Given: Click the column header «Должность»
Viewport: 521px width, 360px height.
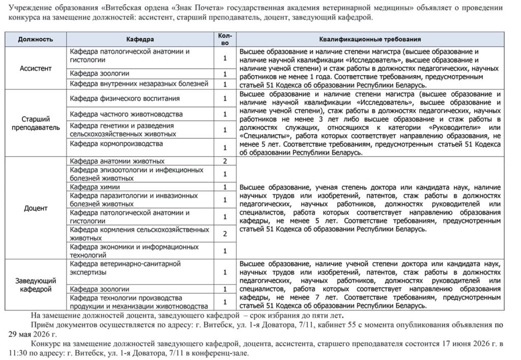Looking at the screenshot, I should point(36,39).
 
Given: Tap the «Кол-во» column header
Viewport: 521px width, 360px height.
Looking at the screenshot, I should point(224,39).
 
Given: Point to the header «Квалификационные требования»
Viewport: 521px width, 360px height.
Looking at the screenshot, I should point(369,39).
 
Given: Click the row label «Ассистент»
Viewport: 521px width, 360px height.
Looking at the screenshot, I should point(36,68).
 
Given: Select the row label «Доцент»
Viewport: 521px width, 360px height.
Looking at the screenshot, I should point(36,208).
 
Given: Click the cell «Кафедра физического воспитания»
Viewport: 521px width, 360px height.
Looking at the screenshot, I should point(125,98).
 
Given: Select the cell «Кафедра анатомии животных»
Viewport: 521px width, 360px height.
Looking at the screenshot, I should point(117,161).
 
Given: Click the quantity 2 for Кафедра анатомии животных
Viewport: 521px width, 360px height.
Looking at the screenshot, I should point(224,161).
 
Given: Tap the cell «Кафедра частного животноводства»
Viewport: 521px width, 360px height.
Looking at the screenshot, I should point(126,114).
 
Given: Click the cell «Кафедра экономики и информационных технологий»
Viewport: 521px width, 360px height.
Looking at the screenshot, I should point(134,250).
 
